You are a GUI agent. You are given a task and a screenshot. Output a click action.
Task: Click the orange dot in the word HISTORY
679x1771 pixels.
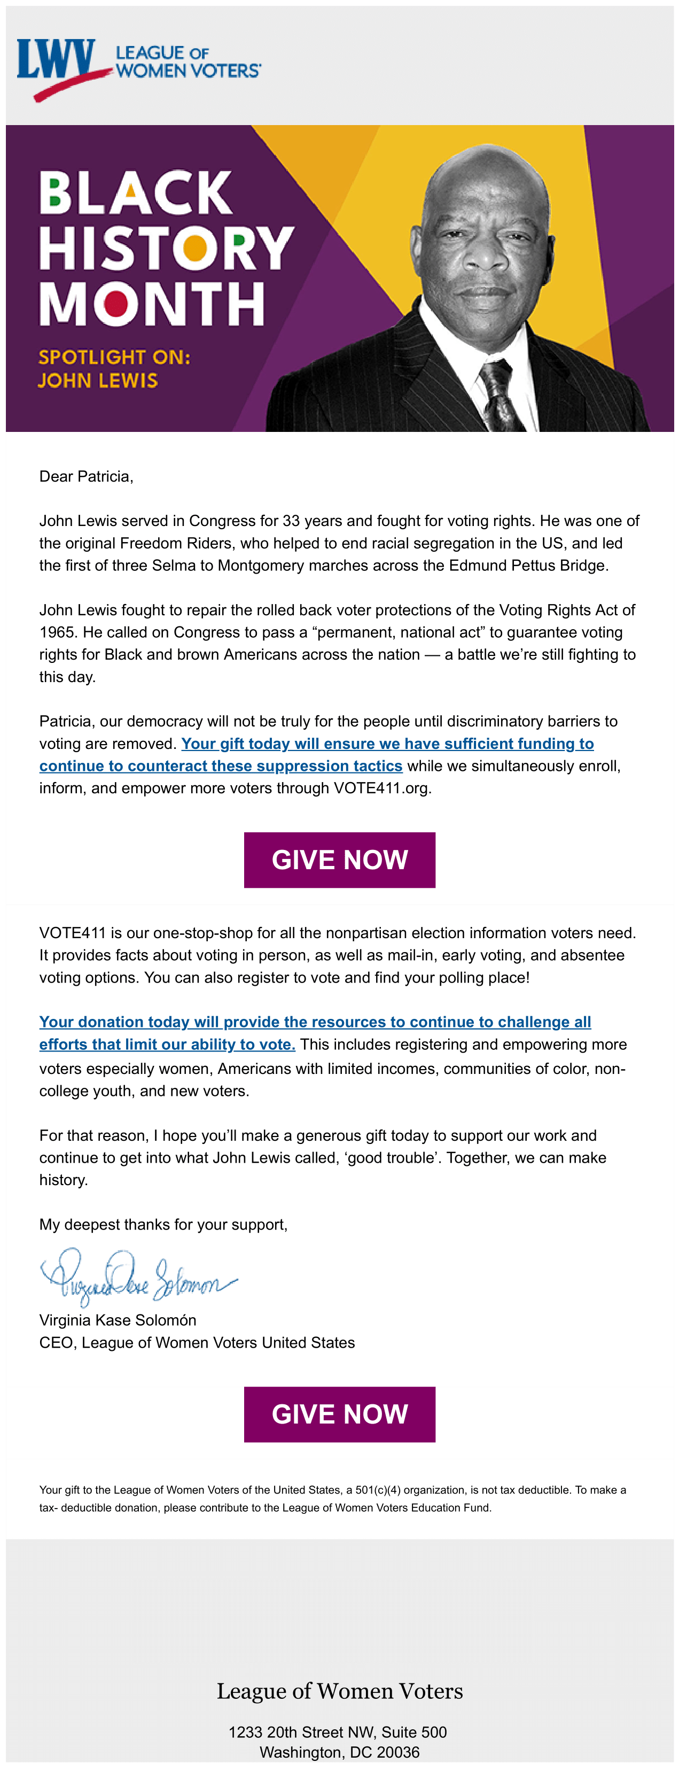click(x=195, y=248)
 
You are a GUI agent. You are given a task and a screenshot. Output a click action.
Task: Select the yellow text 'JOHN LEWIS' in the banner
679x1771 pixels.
click(x=98, y=380)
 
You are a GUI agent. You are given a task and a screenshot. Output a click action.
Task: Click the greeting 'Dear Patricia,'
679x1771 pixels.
click(x=86, y=476)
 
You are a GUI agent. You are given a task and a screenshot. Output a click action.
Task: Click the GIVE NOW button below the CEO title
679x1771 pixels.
click(x=340, y=1414)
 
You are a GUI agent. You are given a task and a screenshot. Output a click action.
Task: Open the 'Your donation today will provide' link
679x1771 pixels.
click(x=315, y=1022)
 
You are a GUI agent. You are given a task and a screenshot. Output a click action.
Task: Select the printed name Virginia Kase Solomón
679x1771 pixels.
click(x=118, y=1320)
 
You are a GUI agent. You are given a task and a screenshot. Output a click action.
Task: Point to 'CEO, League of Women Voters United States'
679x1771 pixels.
click(x=197, y=1343)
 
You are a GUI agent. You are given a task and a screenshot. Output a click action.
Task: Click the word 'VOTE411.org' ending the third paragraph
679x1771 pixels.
click(x=382, y=788)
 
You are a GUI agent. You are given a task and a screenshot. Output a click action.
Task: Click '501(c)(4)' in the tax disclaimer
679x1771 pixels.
click(x=377, y=1490)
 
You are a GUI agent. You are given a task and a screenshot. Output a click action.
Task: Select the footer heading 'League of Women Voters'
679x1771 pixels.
click(x=340, y=1691)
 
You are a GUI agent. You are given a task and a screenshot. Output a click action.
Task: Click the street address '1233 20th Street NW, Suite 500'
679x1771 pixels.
click(x=338, y=1732)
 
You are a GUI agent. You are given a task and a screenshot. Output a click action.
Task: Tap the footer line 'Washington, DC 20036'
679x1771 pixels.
click(x=340, y=1752)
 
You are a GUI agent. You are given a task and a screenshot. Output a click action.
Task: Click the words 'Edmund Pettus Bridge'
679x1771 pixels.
click(x=528, y=566)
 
